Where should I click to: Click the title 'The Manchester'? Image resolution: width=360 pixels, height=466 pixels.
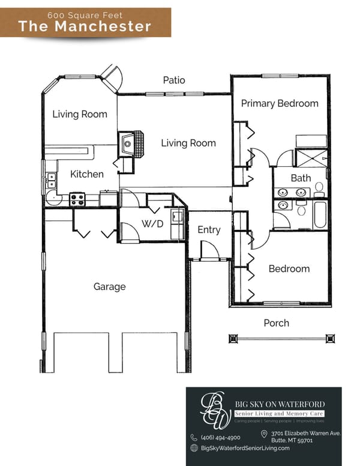(x=85, y=26)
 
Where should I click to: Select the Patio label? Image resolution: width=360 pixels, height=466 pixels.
(x=174, y=80)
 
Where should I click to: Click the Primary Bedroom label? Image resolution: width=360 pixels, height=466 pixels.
(x=280, y=103)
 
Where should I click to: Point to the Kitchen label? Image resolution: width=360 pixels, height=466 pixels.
(x=87, y=174)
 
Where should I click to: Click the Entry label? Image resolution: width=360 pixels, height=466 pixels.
(x=209, y=229)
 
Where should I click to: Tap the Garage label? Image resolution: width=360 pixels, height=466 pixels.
(x=109, y=286)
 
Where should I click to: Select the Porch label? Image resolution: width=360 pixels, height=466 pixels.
(x=276, y=323)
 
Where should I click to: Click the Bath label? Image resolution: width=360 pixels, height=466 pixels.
(x=301, y=178)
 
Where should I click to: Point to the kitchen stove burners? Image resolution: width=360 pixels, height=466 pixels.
(x=76, y=199)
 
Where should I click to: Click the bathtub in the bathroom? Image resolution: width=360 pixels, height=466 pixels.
(x=320, y=214)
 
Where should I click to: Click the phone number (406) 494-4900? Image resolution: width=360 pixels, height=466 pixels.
(x=220, y=437)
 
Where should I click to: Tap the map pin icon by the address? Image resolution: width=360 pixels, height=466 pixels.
(x=264, y=434)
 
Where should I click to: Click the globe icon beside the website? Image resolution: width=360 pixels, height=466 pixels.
(x=194, y=448)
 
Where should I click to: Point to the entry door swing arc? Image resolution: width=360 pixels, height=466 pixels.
(x=209, y=247)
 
